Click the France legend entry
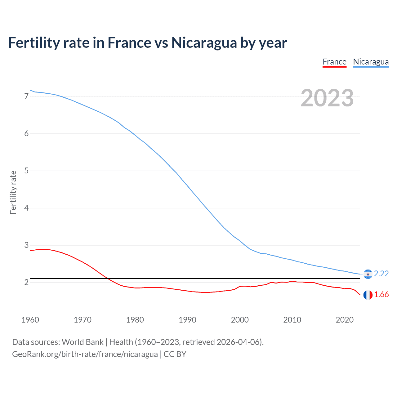[334, 62]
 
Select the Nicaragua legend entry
[371, 62]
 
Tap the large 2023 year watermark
[327, 98]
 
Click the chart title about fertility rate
[148, 42]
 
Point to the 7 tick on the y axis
[26, 96]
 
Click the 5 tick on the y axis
[26, 171]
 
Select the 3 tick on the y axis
[26, 245]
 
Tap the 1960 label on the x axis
[30, 320]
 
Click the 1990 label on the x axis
[187, 320]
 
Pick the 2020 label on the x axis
[345, 320]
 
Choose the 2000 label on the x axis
[240, 320]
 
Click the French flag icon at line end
[368, 295]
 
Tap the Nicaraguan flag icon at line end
[368, 274]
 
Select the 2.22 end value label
[381, 274]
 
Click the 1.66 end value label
[381, 295]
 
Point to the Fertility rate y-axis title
[13, 192]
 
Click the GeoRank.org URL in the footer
[85, 354]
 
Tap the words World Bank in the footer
[83, 342]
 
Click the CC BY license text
[175, 354]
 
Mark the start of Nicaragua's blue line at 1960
[30, 90]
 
